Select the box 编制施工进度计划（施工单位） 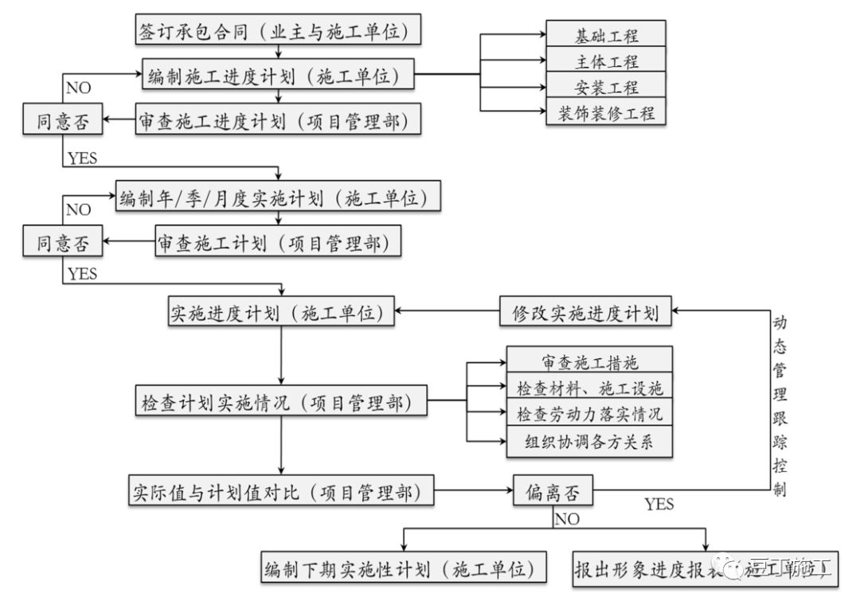click(278, 76)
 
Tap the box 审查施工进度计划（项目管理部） click(278, 120)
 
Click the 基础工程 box click(606, 35)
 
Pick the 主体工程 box click(606, 60)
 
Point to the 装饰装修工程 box click(606, 112)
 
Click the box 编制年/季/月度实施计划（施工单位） click(278, 196)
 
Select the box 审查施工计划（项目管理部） click(277, 240)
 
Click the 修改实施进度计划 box click(585, 313)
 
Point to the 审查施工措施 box click(590, 363)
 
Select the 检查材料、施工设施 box click(590, 388)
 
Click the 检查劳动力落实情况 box click(590, 415)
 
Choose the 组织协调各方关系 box click(590, 441)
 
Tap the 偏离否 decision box click(553, 493)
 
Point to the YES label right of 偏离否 click(659, 504)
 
